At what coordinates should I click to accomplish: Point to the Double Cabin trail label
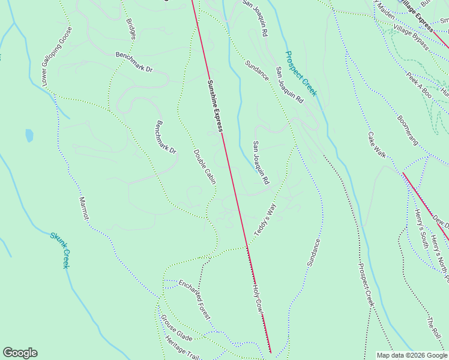(x=205, y=166)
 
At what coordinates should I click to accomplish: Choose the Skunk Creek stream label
(x=59, y=250)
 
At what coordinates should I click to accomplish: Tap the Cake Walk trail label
(x=377, y=145)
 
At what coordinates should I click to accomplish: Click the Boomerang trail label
(x=407, y=127)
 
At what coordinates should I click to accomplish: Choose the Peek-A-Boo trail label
(x=419, y=85)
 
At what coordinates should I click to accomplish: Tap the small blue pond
(x=29, y=136)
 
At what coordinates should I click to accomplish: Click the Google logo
(x=20, y=353)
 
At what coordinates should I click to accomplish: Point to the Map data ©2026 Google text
(x=412, y=355)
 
